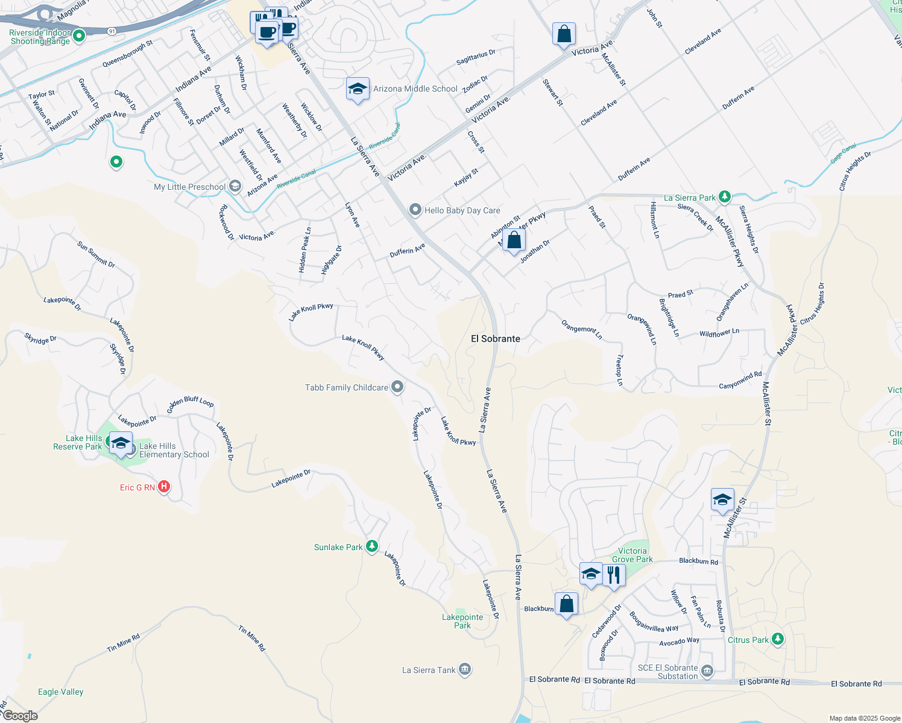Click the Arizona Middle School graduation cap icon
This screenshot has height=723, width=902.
point(358,89)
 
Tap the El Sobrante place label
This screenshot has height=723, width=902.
point(495,339)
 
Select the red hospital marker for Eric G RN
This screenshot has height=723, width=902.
point(163,487)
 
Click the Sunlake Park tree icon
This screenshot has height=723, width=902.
point(373,546)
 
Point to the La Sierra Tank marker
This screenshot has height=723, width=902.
point(464,669)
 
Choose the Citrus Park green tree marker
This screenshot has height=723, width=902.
point(778,639)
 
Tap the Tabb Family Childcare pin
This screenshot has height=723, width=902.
point(397,387)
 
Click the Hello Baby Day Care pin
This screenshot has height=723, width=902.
point(415,210)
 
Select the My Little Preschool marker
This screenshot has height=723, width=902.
point(235,186)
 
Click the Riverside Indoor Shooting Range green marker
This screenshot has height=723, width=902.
point(78,36)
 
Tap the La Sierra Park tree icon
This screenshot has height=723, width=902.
point(725,197)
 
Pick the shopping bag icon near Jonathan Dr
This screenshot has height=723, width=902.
point(514,240)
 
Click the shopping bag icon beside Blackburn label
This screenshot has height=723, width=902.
point(566,604)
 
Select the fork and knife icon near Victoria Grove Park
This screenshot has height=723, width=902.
point(613,574)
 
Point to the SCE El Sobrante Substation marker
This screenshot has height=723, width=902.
point(707,671)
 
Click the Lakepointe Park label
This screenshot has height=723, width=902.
point(462,621)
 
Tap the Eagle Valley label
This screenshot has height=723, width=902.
point(60,692)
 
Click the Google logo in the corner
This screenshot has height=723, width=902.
point(20,716)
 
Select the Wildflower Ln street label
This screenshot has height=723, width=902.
point(719,333)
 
